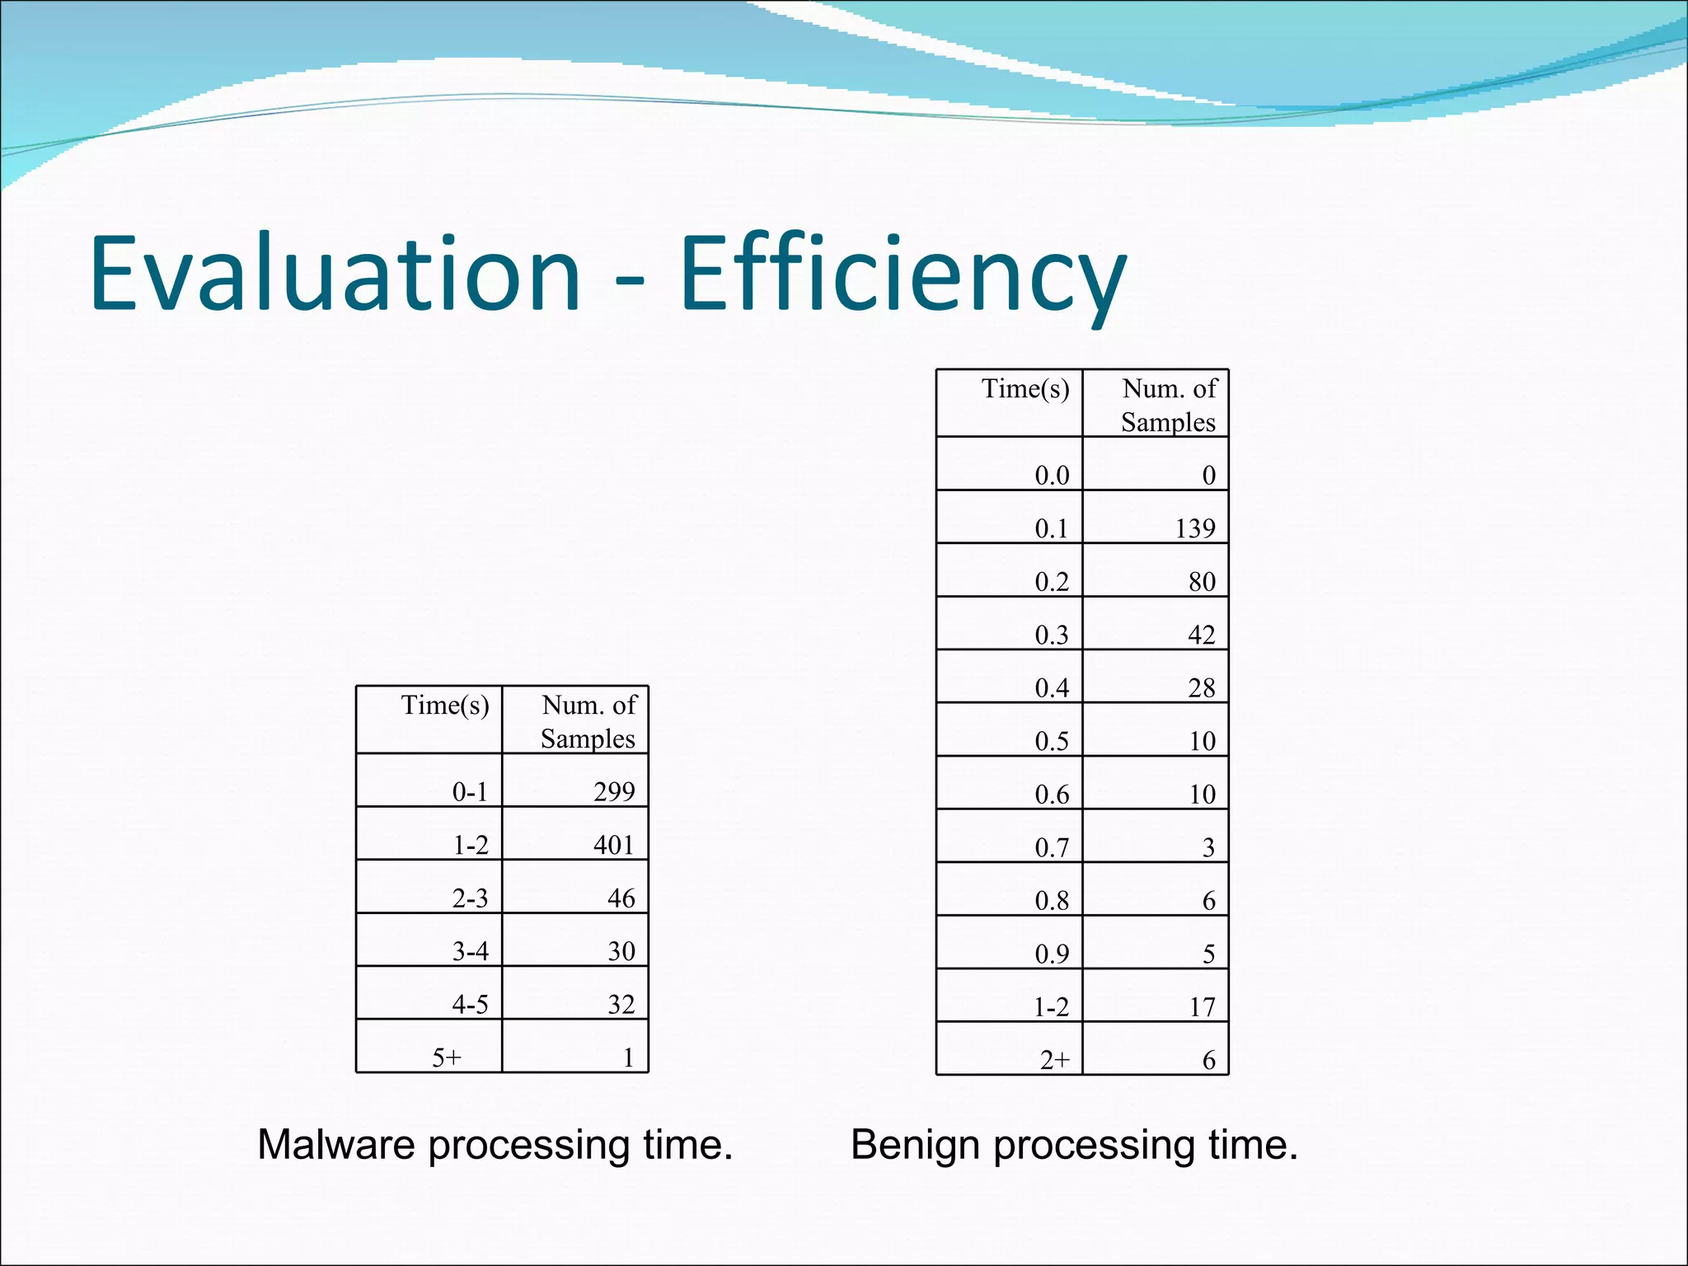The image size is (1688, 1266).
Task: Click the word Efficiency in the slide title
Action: [903, 274]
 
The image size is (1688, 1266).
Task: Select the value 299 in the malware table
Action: [614, 792]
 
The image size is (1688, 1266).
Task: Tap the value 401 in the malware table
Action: [614, 845]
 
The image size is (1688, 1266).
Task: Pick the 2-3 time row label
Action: [470, 898]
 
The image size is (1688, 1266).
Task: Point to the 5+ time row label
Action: [448, 1057]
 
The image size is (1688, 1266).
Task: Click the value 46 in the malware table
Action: [621, 898]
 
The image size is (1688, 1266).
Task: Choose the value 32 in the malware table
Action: [621, 1004]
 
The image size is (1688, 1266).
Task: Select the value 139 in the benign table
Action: [1195, 528]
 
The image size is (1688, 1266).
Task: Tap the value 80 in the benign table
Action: [1202, 582]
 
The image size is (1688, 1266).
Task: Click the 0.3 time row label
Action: [1052, 635]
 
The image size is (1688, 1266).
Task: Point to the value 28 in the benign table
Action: [1202, 687]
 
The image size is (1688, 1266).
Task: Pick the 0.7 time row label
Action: [1052, 847]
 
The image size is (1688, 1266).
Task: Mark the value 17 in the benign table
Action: [1202, 1006]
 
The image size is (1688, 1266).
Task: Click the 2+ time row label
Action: [1054, 1060]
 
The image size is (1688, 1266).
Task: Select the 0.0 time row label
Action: [1052, 476]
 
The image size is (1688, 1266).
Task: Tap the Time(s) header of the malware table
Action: [445, 706]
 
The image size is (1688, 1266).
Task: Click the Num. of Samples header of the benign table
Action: [1169, 405]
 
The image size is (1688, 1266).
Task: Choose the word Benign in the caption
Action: [915, 1145]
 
